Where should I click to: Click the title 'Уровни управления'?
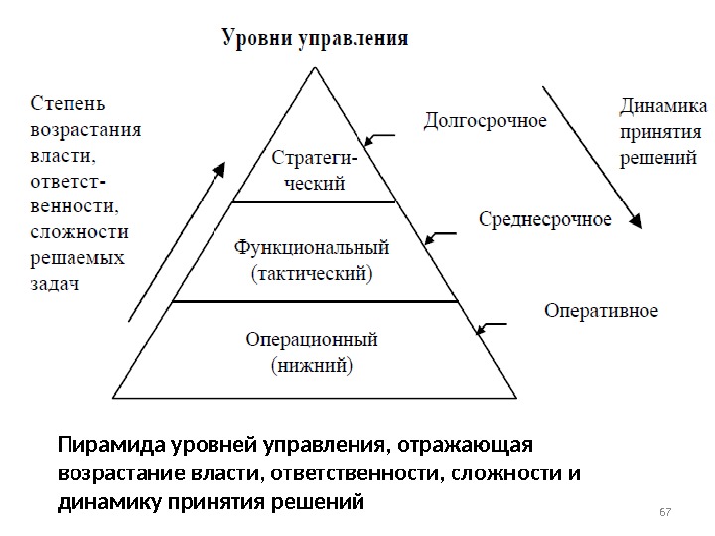(x=314, y=40)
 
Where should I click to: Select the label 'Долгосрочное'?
(x=485, y=121)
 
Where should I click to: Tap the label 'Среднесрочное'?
(x=544, y=219)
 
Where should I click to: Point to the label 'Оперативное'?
(x=601, y=311)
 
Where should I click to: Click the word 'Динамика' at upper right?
(x=663, y=106)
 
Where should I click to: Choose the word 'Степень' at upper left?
(x=69, y=103)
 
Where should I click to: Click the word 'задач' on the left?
(x=56, y=284)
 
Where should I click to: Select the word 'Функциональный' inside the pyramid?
(x=312, y=245)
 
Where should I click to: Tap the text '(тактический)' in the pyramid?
(x=312, y=271)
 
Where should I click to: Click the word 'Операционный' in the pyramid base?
(x=312, y=339)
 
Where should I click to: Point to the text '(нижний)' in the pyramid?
(x=312, y=365)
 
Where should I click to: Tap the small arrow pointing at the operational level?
(x=493, y=326)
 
